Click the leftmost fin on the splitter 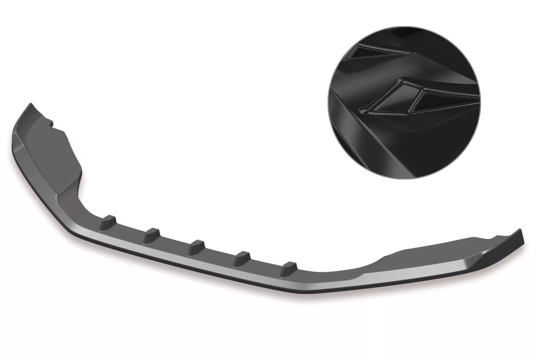pos(111,219)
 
